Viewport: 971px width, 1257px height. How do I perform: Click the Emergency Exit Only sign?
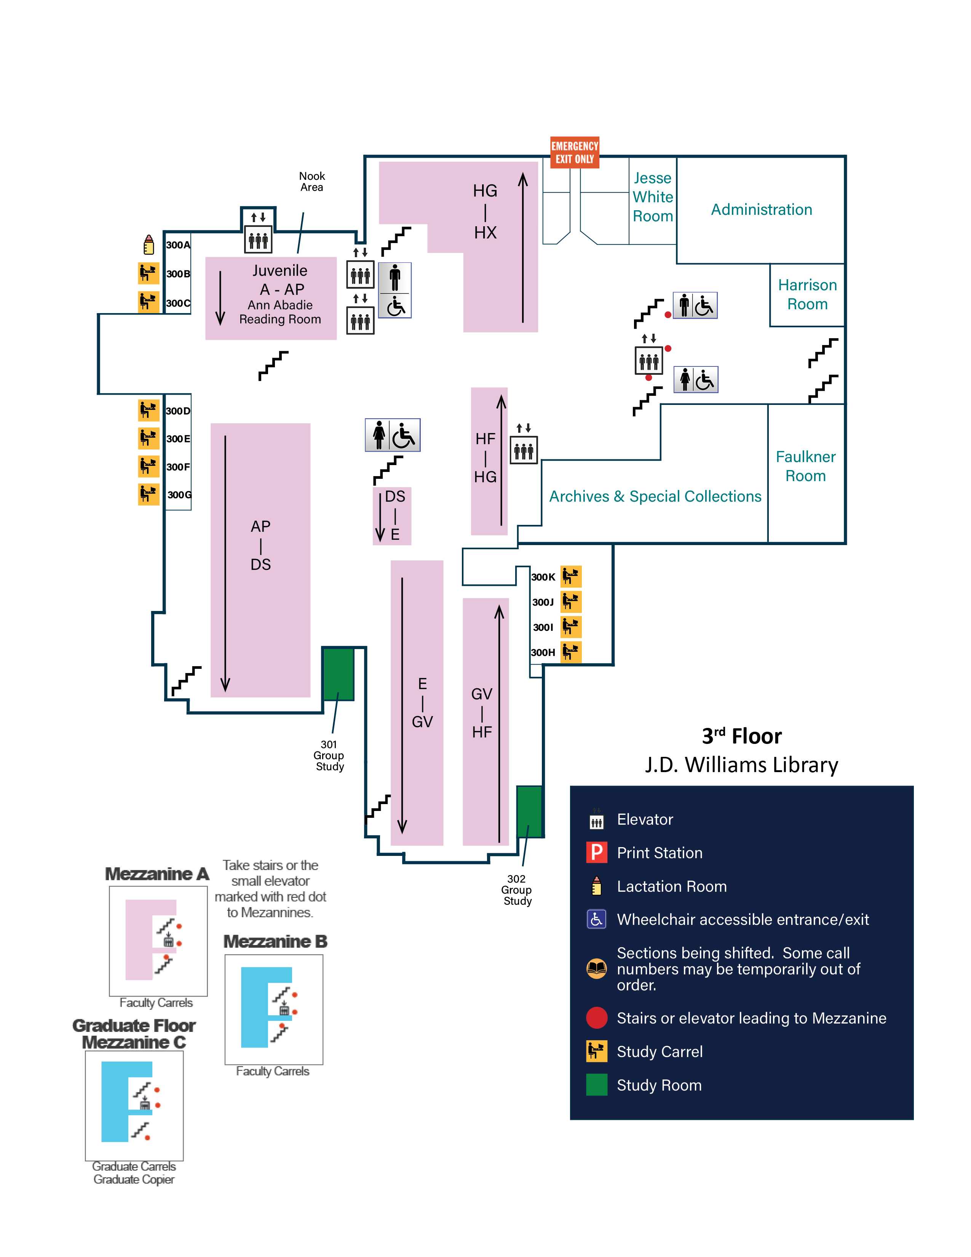point(574,152)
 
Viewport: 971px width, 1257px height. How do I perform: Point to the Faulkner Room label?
point(805,466)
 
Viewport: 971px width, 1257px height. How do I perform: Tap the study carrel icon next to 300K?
point(571,576)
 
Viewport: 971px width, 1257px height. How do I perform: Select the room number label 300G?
point(179,495)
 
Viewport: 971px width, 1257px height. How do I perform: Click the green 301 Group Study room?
point(338,673)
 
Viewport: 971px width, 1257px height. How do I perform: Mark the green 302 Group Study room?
point(529,811)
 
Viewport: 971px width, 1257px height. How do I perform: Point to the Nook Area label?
point(312,182)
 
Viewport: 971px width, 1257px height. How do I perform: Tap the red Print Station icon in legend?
point(597,852)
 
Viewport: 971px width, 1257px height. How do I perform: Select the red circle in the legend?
point(597,1017)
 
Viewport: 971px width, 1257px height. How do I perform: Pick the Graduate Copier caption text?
point(134,1179)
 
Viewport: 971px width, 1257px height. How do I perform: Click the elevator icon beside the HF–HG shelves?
point(524,450)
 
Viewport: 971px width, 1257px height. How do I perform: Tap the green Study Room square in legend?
point(597,1085)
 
